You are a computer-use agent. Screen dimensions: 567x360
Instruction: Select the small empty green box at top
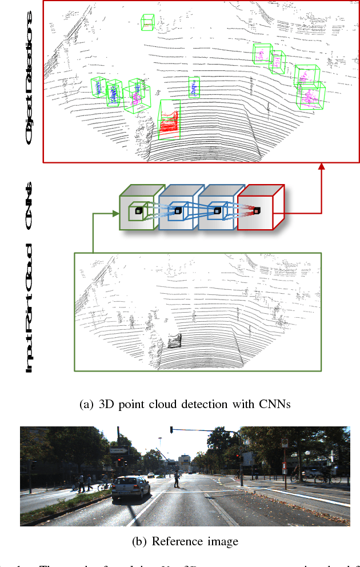click(147, 23)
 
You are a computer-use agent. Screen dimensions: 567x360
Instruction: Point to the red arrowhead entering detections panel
click(322, 166)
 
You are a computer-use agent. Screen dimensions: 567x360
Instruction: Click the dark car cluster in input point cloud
click(174, 341)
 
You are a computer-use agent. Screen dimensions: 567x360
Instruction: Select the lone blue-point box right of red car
click(194, 87)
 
